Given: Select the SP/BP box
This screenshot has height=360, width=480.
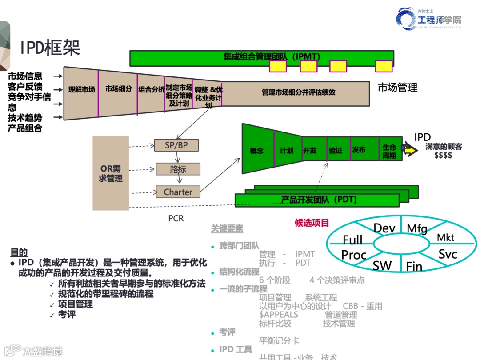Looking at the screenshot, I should [176, 145].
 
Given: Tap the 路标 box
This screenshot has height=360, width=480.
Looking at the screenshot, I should [178, 169].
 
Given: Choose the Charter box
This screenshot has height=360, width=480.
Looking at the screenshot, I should [178, 192].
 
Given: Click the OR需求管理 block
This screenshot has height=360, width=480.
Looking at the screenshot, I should [111, 173].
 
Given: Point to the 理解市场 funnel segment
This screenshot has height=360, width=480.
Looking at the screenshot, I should [81, 90].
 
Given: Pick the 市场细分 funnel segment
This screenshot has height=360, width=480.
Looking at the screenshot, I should [118, 89].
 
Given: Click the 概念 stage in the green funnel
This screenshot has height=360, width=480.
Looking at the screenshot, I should [257, 150].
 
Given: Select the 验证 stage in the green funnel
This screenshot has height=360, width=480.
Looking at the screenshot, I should [336, 150].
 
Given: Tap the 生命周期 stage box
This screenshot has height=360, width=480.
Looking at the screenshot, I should [389, 151].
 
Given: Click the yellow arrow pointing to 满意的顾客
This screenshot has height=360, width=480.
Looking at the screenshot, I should [411, 151].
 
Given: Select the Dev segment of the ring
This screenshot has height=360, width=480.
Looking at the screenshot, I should [384, 228].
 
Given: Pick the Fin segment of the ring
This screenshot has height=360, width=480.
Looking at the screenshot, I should [414, 266].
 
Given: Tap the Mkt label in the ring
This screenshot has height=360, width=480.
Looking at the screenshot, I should [445, 237].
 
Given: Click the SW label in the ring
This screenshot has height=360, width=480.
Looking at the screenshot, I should [382, 266].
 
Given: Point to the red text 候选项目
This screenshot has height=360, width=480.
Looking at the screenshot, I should [312, 223].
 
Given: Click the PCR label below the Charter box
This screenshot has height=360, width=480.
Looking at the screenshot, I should [176, 218].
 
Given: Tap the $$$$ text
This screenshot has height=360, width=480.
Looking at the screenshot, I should [443, 156].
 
